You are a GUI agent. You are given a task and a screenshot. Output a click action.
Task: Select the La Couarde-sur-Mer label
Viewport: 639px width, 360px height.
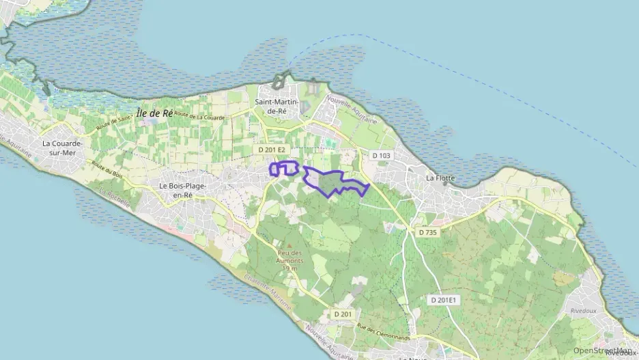click(62, 148)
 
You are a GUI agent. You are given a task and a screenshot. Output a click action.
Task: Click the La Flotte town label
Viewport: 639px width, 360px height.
click(440, 178)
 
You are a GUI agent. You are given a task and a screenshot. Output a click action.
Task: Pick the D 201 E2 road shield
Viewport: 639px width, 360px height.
click(272, 149)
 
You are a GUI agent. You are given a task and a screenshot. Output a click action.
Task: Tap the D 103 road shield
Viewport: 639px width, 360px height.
click(382, 156)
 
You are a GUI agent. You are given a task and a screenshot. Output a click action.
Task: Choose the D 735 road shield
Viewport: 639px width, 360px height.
click(427, 232)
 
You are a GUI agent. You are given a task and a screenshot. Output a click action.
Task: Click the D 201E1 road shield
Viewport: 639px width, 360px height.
click(444, 300)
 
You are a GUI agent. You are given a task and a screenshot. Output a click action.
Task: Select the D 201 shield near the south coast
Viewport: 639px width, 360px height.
click(343, 314)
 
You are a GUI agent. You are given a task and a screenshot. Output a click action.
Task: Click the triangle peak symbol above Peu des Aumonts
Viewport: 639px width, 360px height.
click(289, 246)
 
